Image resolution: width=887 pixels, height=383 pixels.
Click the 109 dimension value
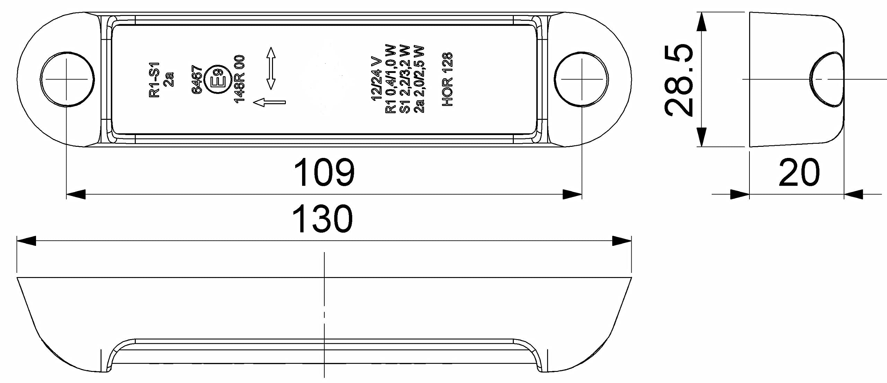click(324, 172)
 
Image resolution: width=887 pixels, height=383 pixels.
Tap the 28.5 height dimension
click(679, 80)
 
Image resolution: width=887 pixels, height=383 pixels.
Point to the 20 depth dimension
click(799, 172)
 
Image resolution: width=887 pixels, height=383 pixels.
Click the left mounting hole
click(67, 79)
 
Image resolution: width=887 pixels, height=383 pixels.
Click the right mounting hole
click(581, 79)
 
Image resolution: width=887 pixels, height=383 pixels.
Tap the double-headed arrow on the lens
click(271, 69)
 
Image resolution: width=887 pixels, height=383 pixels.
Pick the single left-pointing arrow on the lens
click(270, 102)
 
